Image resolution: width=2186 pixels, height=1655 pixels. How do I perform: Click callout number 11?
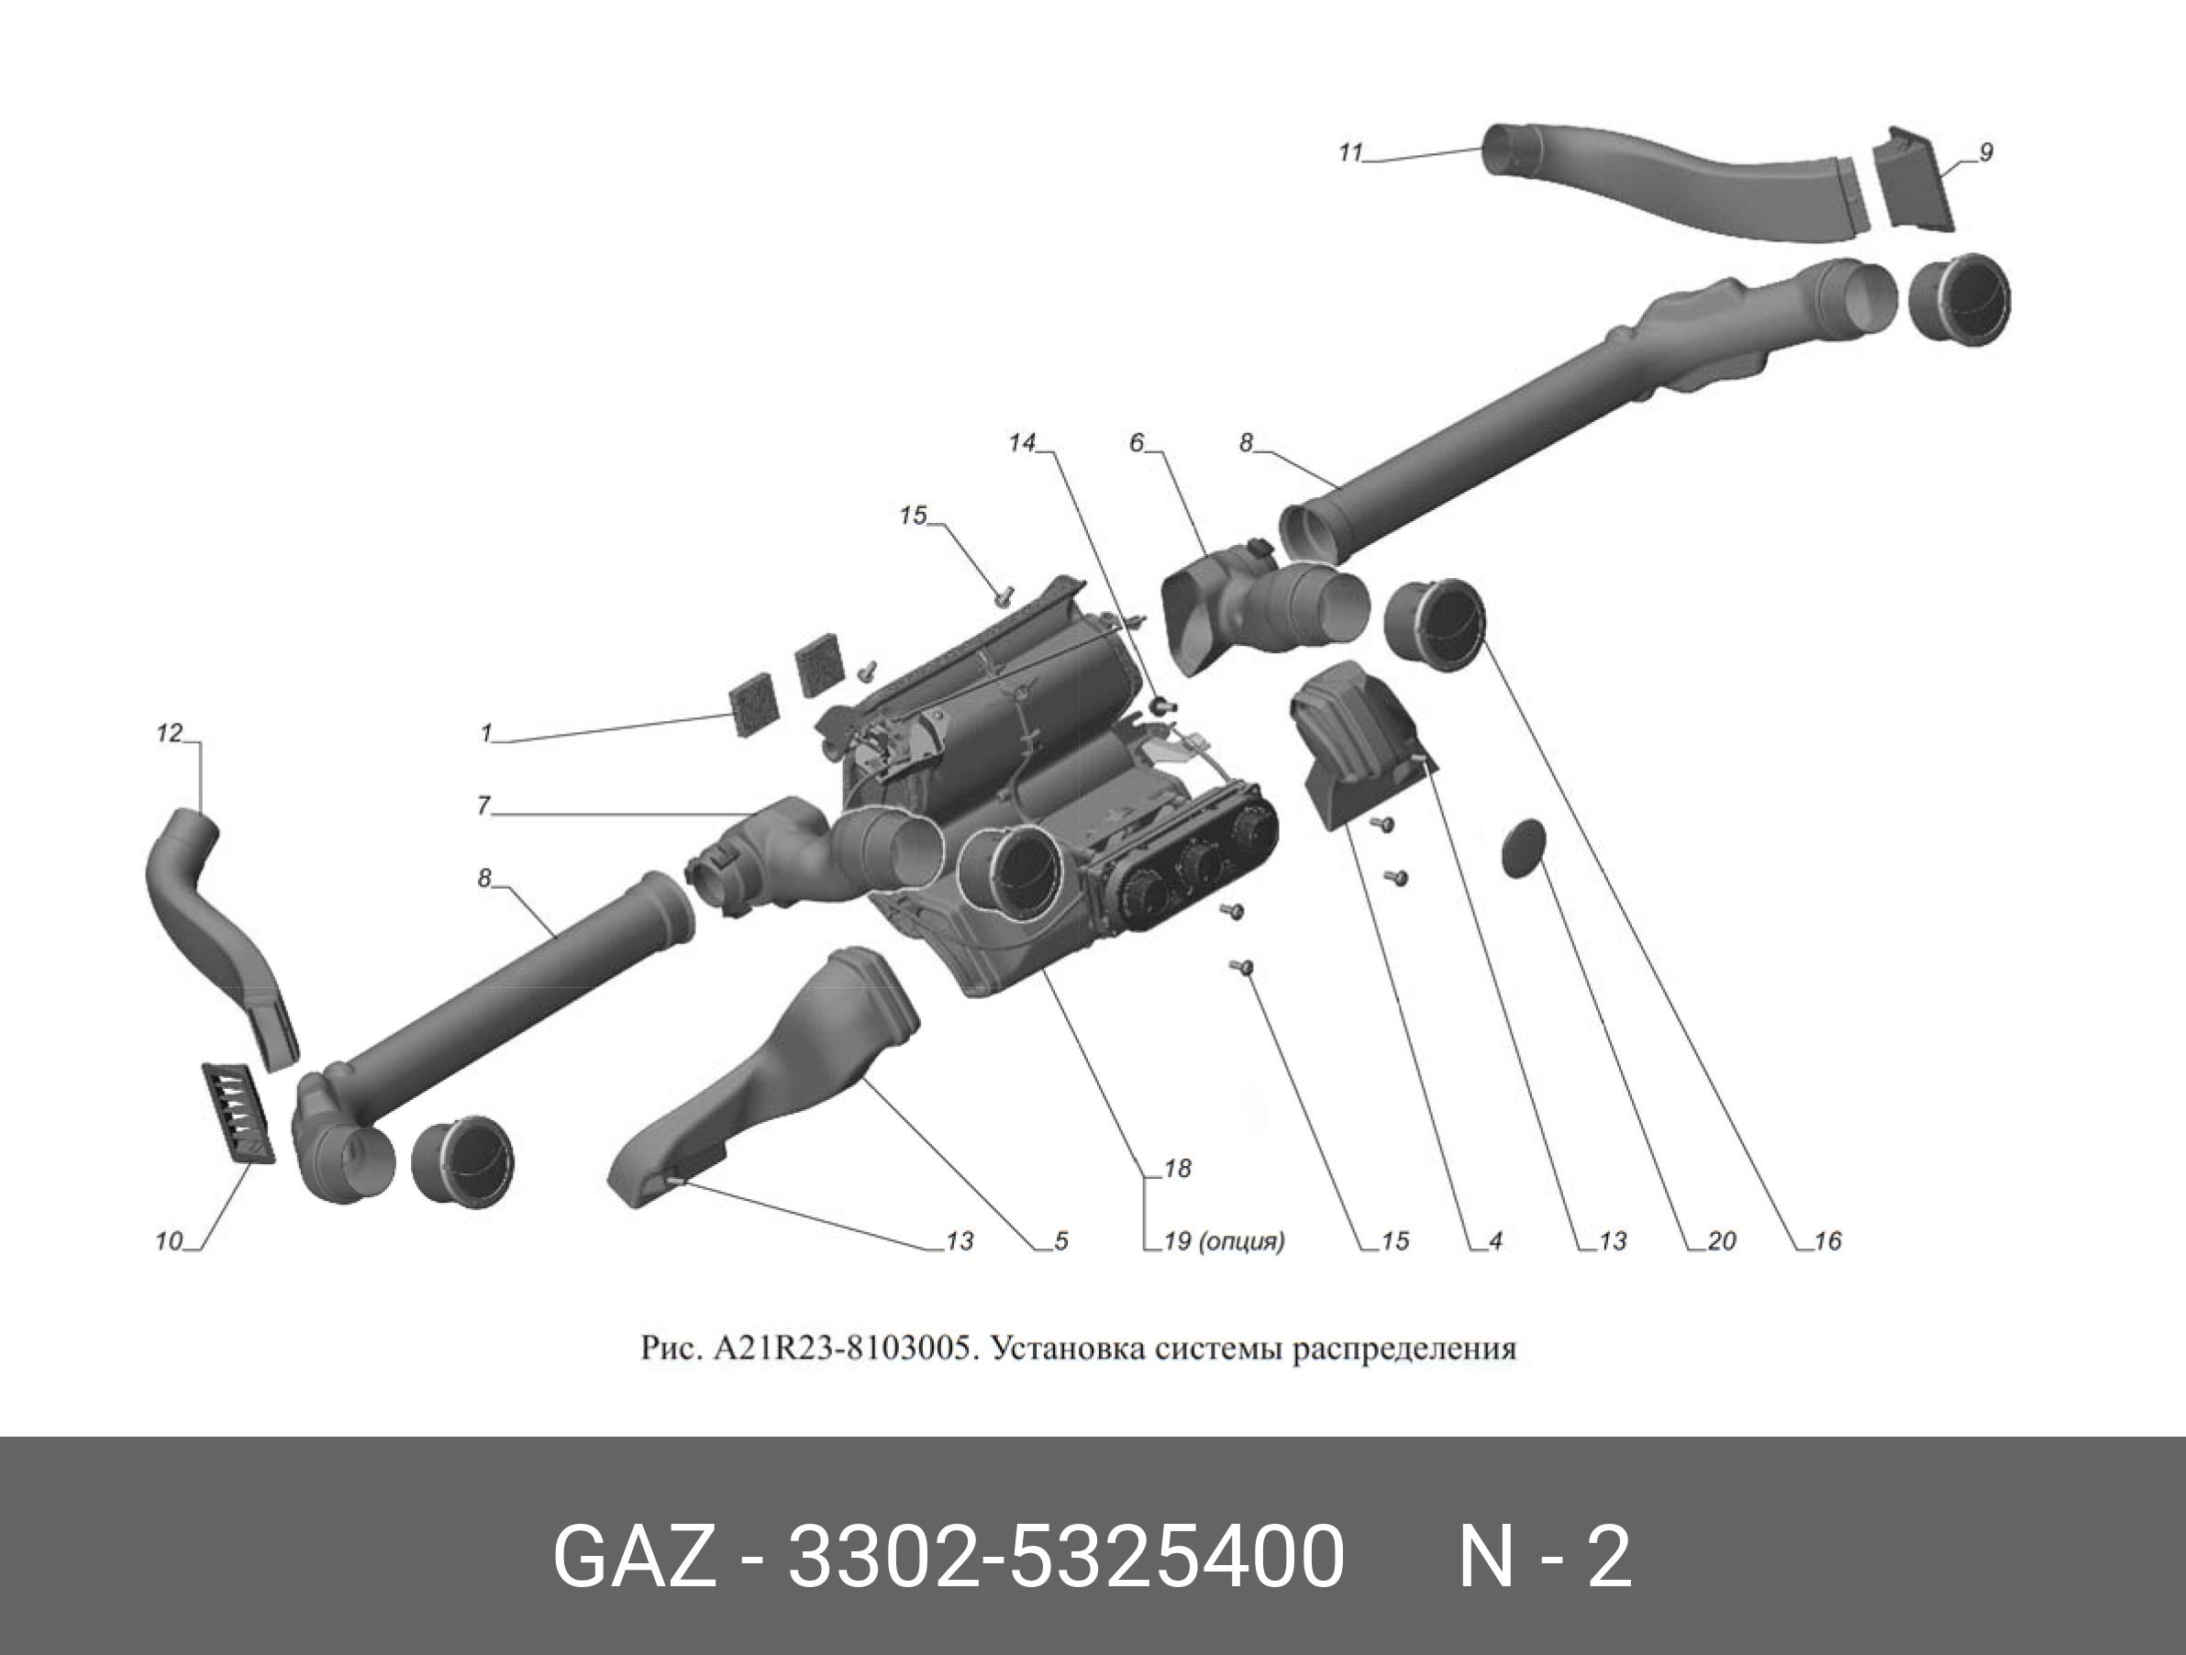click(1350, 153)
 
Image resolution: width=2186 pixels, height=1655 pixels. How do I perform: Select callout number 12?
click(170, 733)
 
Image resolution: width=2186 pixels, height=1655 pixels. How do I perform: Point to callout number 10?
click(169, 1241)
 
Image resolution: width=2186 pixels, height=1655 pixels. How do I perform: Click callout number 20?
click(1722, 1241)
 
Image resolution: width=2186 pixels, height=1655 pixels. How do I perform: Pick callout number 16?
click(1828, 1241)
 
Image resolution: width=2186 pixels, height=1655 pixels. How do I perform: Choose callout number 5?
click(1060, 1241)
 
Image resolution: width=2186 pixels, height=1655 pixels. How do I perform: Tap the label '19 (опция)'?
click(1225, 1241)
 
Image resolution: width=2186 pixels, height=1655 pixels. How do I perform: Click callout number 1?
click(486, 733)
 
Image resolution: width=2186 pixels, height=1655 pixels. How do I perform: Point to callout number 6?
click(1137, 444)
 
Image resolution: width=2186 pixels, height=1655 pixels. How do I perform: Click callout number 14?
click(1021, 444)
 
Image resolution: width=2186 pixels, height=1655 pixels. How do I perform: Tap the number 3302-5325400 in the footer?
click(1064, 1557)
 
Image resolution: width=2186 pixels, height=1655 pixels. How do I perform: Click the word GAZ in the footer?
click(632, 1557)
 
